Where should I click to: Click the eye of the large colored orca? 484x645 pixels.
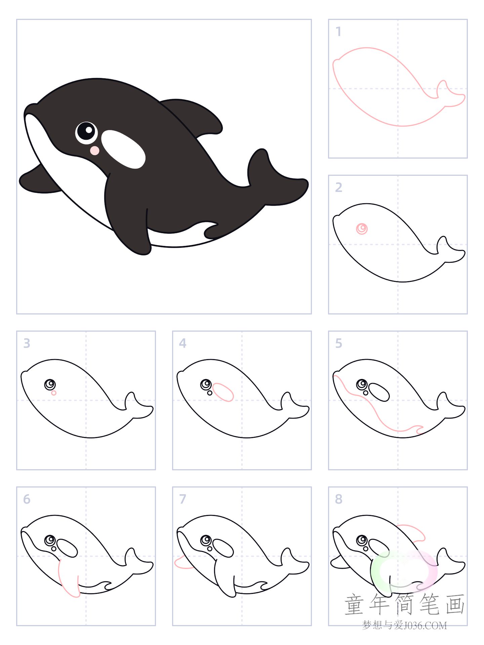pos(86,131)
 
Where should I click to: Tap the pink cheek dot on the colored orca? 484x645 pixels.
pos(95,150)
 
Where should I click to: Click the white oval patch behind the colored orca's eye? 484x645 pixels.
pos(123,149)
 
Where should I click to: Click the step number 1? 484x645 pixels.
pos(338,32)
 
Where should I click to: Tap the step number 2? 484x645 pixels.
pos(339,187)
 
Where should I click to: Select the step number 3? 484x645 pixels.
pos(27,343)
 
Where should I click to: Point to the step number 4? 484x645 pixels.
pos(183,343)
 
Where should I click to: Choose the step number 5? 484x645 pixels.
pos(339,343)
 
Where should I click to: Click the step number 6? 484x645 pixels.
pos(27,499)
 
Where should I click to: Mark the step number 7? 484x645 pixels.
pos(183,499)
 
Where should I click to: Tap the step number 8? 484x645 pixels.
pos(339,499)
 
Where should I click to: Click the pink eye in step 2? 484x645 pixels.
pos(362,229)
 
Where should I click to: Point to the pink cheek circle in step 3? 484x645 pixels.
pos(54,393)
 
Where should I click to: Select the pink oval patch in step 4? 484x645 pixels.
pos(223,392)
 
